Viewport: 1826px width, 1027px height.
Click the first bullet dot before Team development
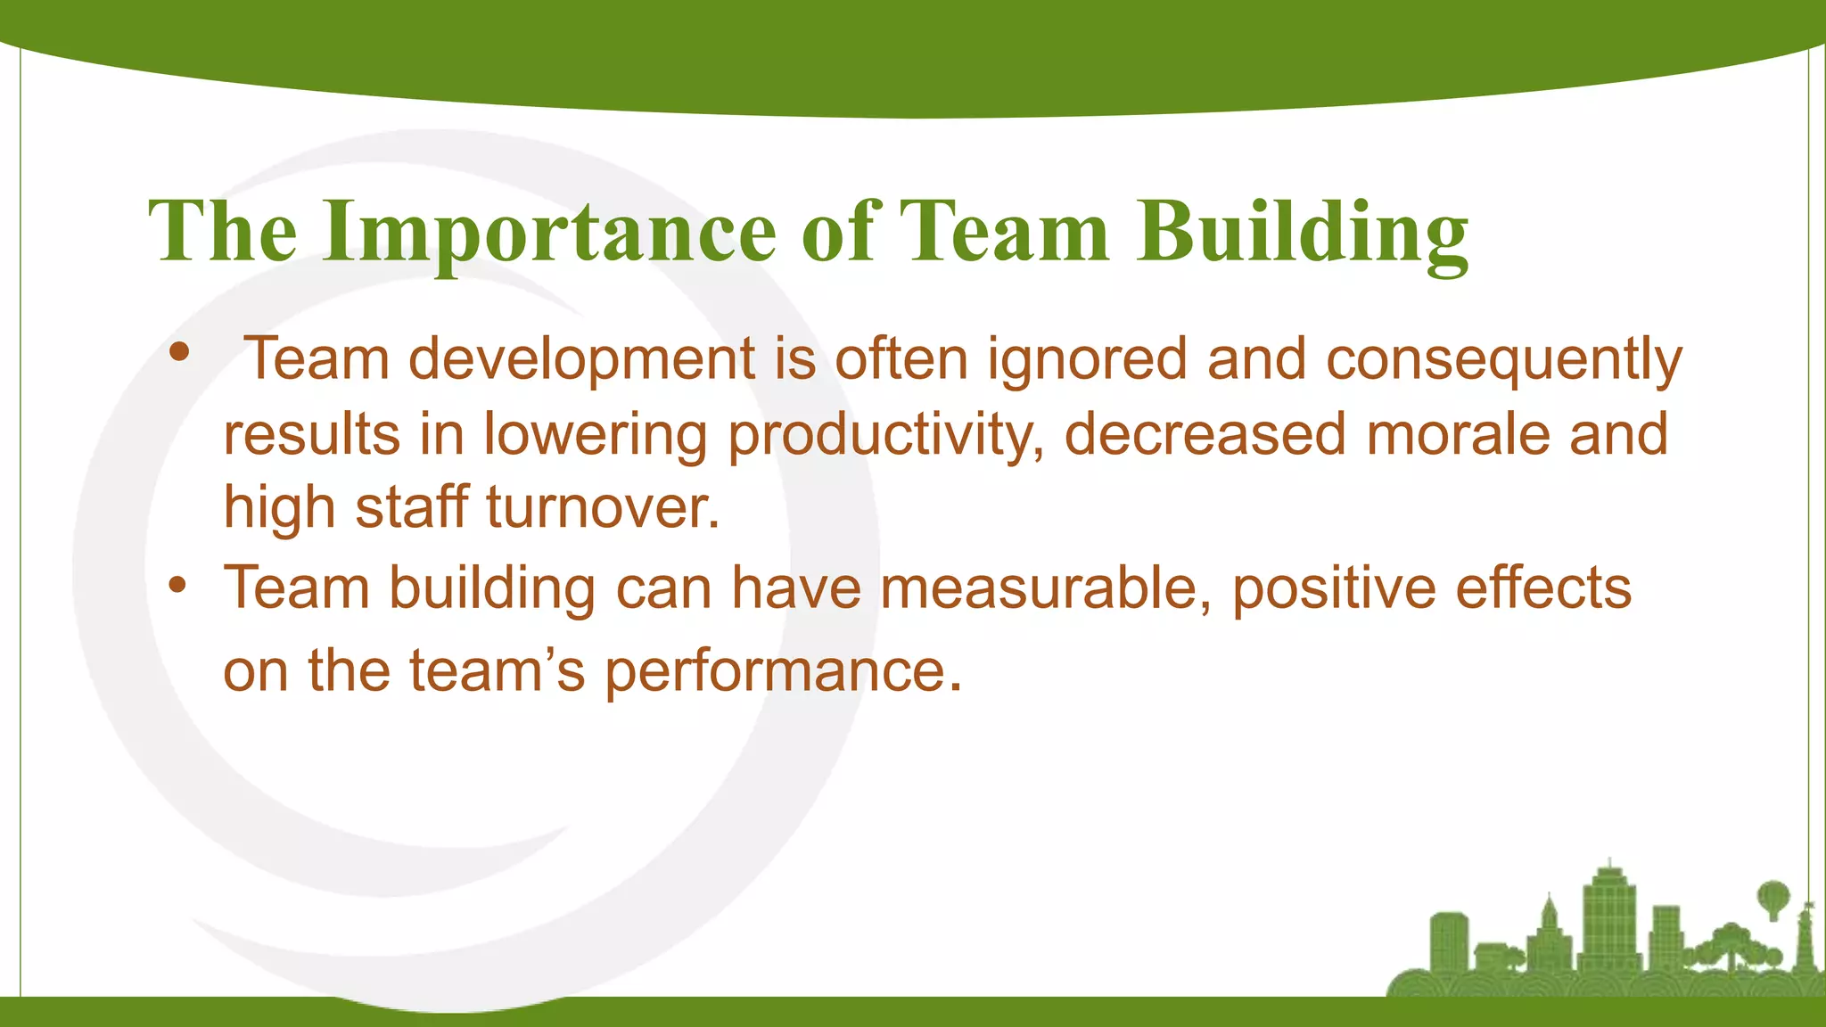point(179,352)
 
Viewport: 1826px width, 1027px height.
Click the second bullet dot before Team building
point(178,586)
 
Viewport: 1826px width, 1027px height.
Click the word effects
point(1543,588)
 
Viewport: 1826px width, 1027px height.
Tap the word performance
point(784,671)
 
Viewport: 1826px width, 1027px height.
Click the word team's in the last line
point(497,670)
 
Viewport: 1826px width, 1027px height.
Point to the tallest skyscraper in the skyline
point(1609,918)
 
